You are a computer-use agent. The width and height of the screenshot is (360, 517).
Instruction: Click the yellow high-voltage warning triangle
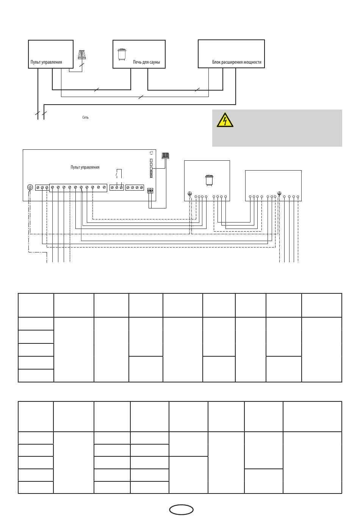[224, 120]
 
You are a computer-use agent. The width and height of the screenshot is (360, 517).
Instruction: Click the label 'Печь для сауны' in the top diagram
[146, 62]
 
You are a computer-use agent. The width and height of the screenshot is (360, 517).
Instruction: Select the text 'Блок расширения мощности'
[236, 62]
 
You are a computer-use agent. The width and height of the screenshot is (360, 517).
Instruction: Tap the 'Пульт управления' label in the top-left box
[46, 62]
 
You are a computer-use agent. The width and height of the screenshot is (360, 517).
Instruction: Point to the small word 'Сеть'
[86, 117]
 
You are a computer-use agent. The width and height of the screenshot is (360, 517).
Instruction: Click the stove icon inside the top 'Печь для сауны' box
[122, 54]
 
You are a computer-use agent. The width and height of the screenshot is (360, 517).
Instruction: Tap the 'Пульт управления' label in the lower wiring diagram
[85, 167]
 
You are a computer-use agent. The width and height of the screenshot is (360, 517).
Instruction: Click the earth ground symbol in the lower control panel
[30, 187]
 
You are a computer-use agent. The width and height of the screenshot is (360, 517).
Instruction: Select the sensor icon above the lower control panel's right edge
[165, 155]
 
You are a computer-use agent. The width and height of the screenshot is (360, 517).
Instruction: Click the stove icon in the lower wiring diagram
[208, 180]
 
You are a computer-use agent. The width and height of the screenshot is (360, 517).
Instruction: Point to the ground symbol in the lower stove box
[190, 194]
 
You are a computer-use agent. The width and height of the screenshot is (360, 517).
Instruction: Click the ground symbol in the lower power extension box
[279, 194]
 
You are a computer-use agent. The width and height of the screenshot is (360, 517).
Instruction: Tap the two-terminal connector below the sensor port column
[150, 191]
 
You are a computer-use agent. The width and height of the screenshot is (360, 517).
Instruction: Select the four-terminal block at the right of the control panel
[135, 188]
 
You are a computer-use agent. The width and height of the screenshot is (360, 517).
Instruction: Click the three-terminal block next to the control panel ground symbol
[42, 188]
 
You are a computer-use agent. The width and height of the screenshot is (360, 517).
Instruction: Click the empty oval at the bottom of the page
[181, 510]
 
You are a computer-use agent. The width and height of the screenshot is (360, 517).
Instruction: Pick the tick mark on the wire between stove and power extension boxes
[197, 89]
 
